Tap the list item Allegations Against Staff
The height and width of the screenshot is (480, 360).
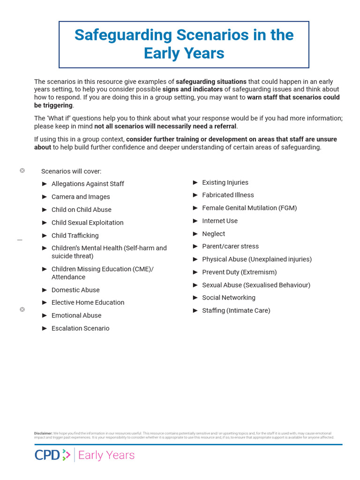point(88,184)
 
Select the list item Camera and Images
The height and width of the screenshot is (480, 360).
point(81,197)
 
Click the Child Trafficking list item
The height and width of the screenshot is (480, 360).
point(75,235)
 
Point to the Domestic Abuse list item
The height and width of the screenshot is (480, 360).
point(75,290)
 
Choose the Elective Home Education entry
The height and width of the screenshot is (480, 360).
point(88,302)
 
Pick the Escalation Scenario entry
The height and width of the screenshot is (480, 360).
point(80,328)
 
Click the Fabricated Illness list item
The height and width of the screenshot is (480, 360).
point(228,195)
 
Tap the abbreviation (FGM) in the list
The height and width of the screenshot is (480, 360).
point(287,208)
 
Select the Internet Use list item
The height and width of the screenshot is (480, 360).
point(220,221)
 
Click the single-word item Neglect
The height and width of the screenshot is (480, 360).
point(213,233)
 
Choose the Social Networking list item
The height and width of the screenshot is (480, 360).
point(229,298)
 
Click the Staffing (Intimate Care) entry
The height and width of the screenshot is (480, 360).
point(236,310)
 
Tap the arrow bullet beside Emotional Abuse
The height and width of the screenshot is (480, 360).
point(45,315)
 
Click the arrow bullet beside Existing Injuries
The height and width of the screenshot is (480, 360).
point(195,182)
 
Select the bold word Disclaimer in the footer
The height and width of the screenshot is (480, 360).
point(43,433)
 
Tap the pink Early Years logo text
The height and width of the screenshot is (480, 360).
point(106,455)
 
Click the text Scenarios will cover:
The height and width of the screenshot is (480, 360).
point(71,171)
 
